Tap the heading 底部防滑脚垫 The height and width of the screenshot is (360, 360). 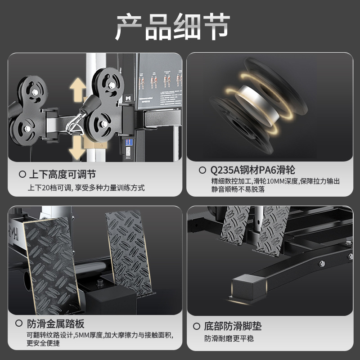point(233,326)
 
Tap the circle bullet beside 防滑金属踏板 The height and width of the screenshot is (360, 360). point(19,324)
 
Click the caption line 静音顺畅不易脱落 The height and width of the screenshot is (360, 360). point(235,189)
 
